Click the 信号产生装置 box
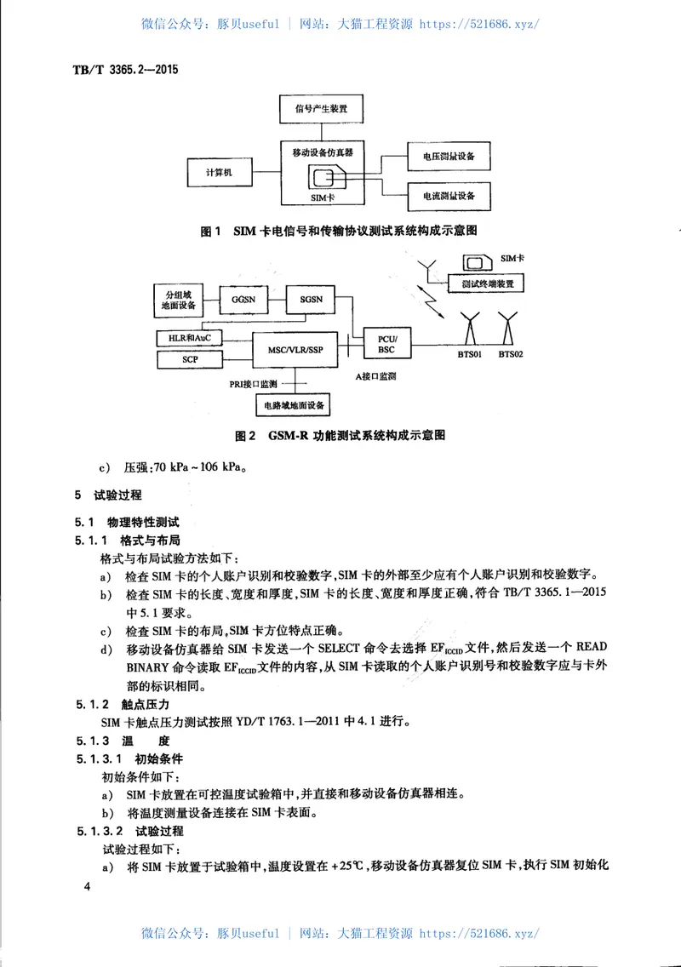[x=322, y=109]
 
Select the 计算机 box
[x=219, y=174]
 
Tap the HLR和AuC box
[x=190, y=338]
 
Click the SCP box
[x=190, y=359]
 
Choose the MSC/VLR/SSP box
[x=295, y=349]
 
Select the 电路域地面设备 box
[x=295, y=405]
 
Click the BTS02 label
[x=511, y=353]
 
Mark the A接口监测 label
[x=376, y=375]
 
